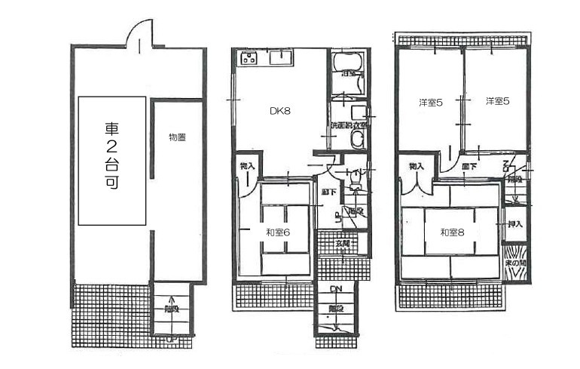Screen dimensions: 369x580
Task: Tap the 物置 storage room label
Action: point(178,137)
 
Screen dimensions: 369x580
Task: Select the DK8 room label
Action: point(280,111)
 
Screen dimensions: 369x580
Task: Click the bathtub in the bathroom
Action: point(347,72)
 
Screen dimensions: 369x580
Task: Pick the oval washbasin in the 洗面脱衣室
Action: point(356,139)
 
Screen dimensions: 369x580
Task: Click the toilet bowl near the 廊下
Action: point(356,178)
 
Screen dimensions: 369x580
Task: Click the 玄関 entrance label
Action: point(342,243)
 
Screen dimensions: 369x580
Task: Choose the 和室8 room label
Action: point(453,232)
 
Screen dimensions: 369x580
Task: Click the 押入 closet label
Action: point(515,225)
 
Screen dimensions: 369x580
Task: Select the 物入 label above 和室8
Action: point(417,166)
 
